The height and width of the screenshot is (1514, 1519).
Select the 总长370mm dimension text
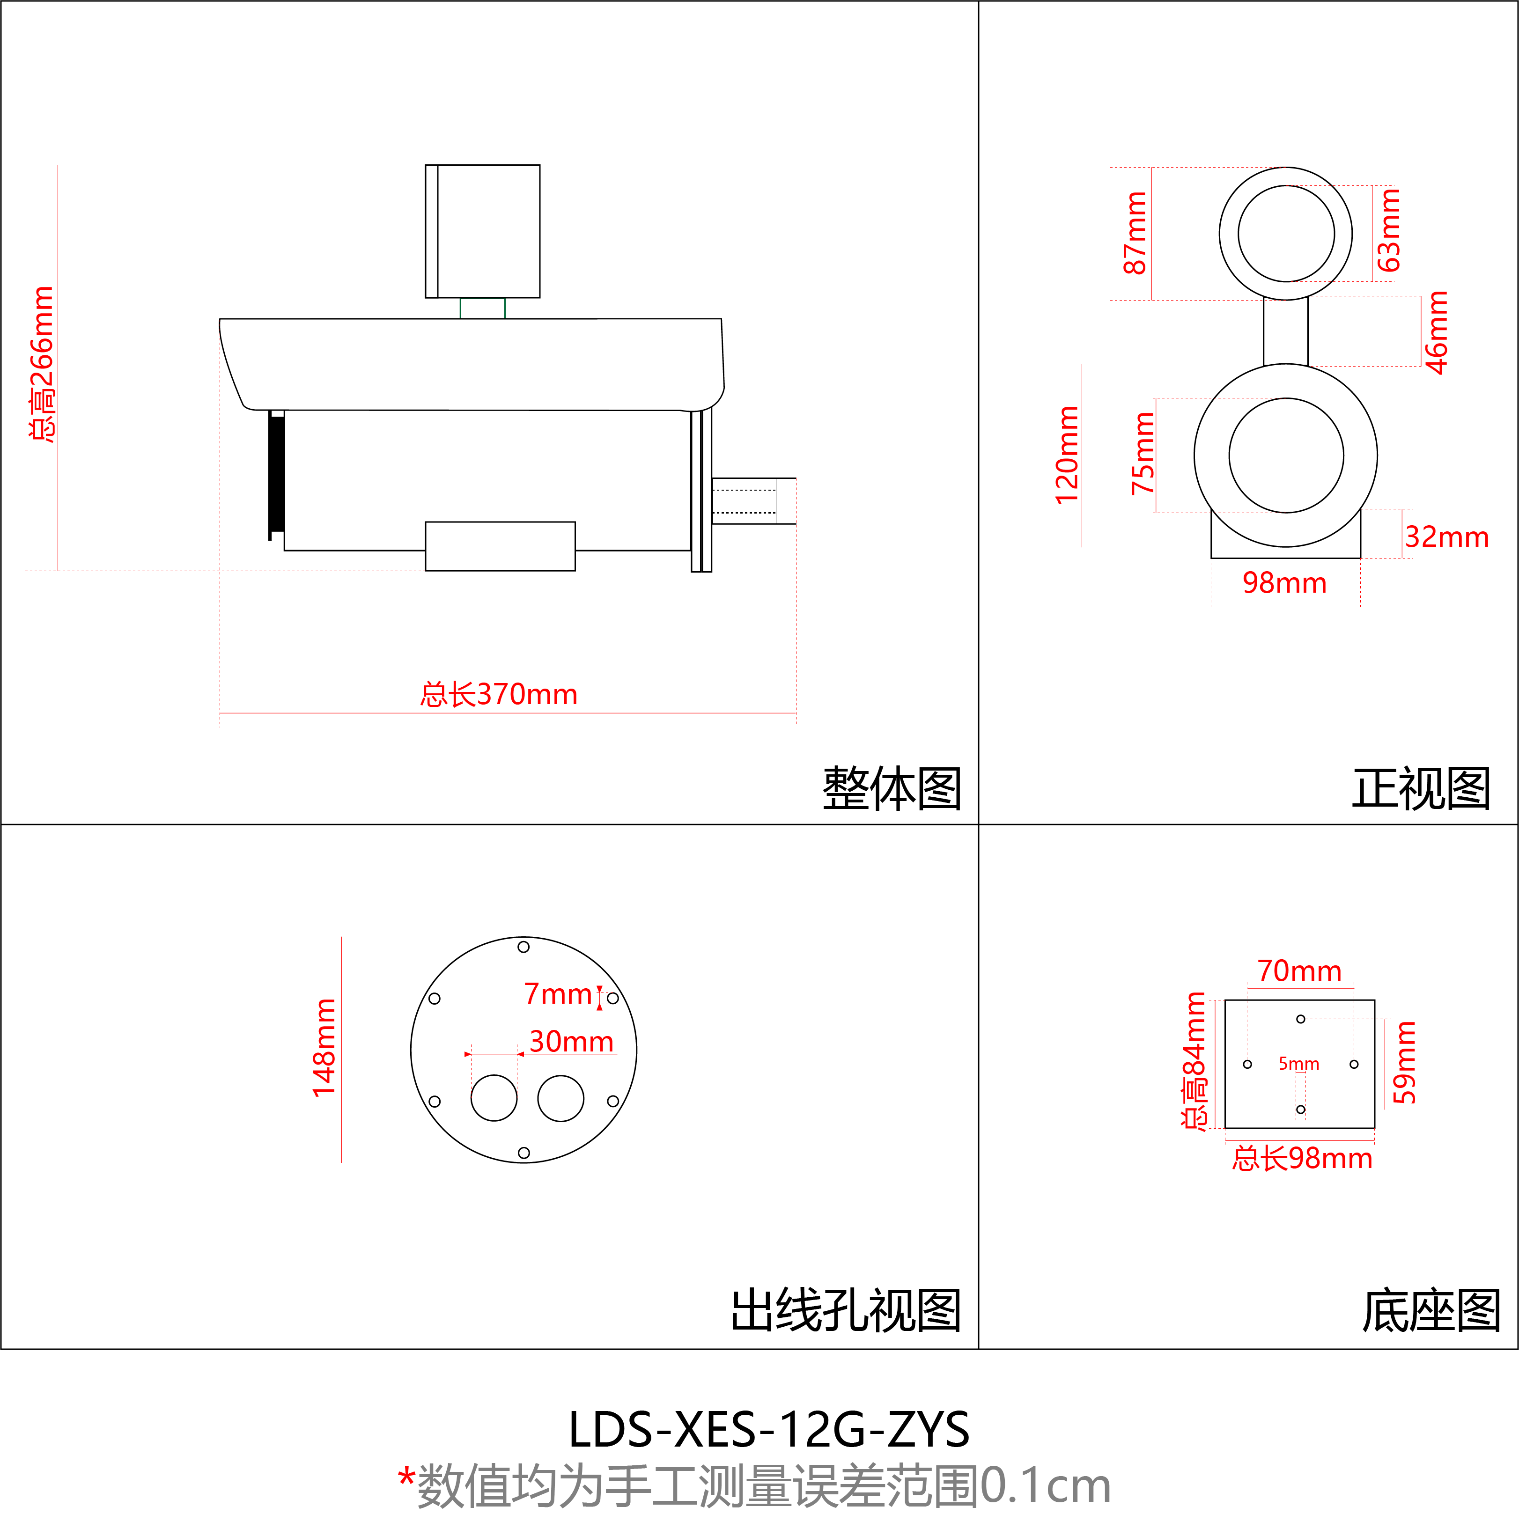click(x=499, y=695)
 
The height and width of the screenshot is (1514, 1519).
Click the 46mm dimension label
click(x=1437, y=332)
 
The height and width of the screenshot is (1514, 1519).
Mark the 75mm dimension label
click(x=1143, y=454)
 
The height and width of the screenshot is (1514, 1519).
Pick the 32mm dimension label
click(x=1447, y=537)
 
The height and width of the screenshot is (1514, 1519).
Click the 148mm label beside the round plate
click(x=324, y=1048)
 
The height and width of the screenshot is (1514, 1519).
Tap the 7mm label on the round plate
click(x=557, y=994)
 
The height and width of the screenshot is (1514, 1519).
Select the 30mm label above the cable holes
click(x=571, y=1042)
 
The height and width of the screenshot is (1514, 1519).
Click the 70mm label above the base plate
click(x=1299, y=971)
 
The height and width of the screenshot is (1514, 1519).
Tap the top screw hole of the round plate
click(x=524, y=947)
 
